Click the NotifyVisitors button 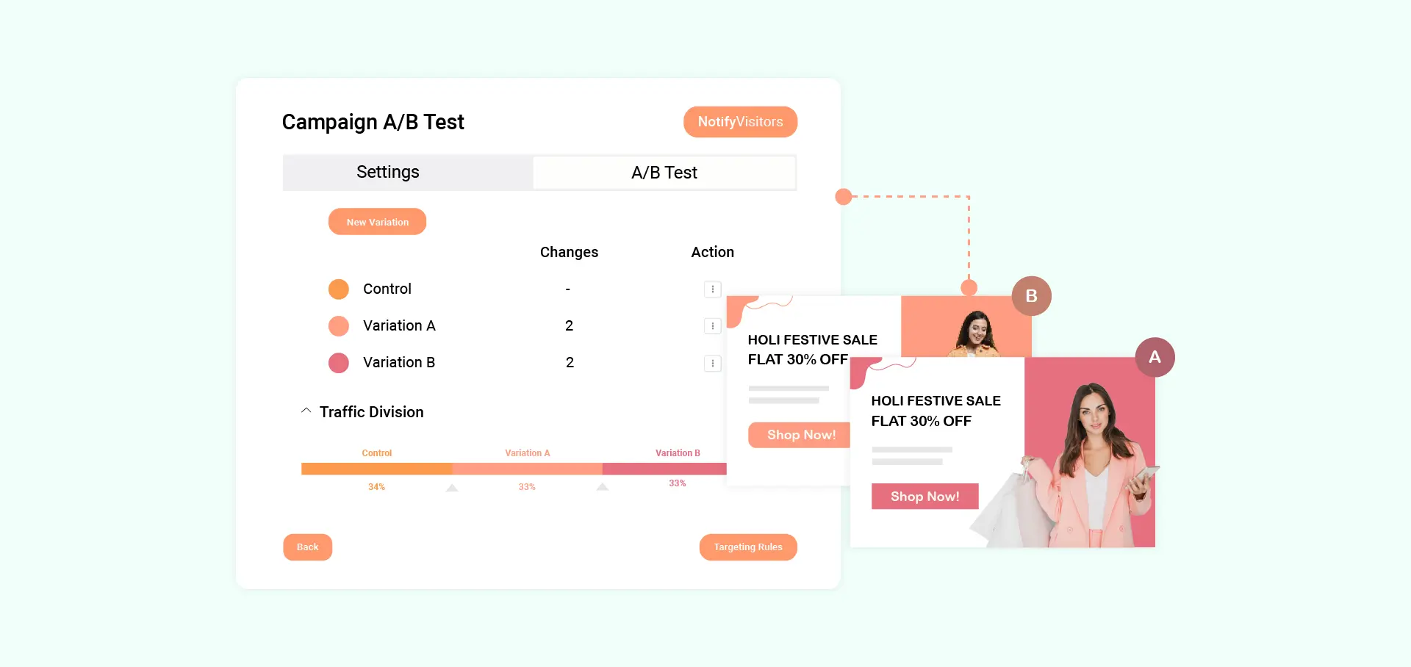point(740,122)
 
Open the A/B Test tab point(664,173)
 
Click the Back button point(307,547)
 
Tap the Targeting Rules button point(748,547)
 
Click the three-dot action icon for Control point(713,289)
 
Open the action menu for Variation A point(713,326)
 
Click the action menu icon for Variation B point(713,363)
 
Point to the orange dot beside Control point(339,289)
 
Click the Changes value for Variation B point(570,363)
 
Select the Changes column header point(569,252)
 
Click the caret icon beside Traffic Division point(306,411)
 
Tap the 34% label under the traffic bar point(376,487)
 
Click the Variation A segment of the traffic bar point(527,469)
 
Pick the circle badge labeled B point(1031,296)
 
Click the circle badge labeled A point(1155,357)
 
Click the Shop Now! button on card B point(800,435)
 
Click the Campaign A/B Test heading point(373,122)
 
